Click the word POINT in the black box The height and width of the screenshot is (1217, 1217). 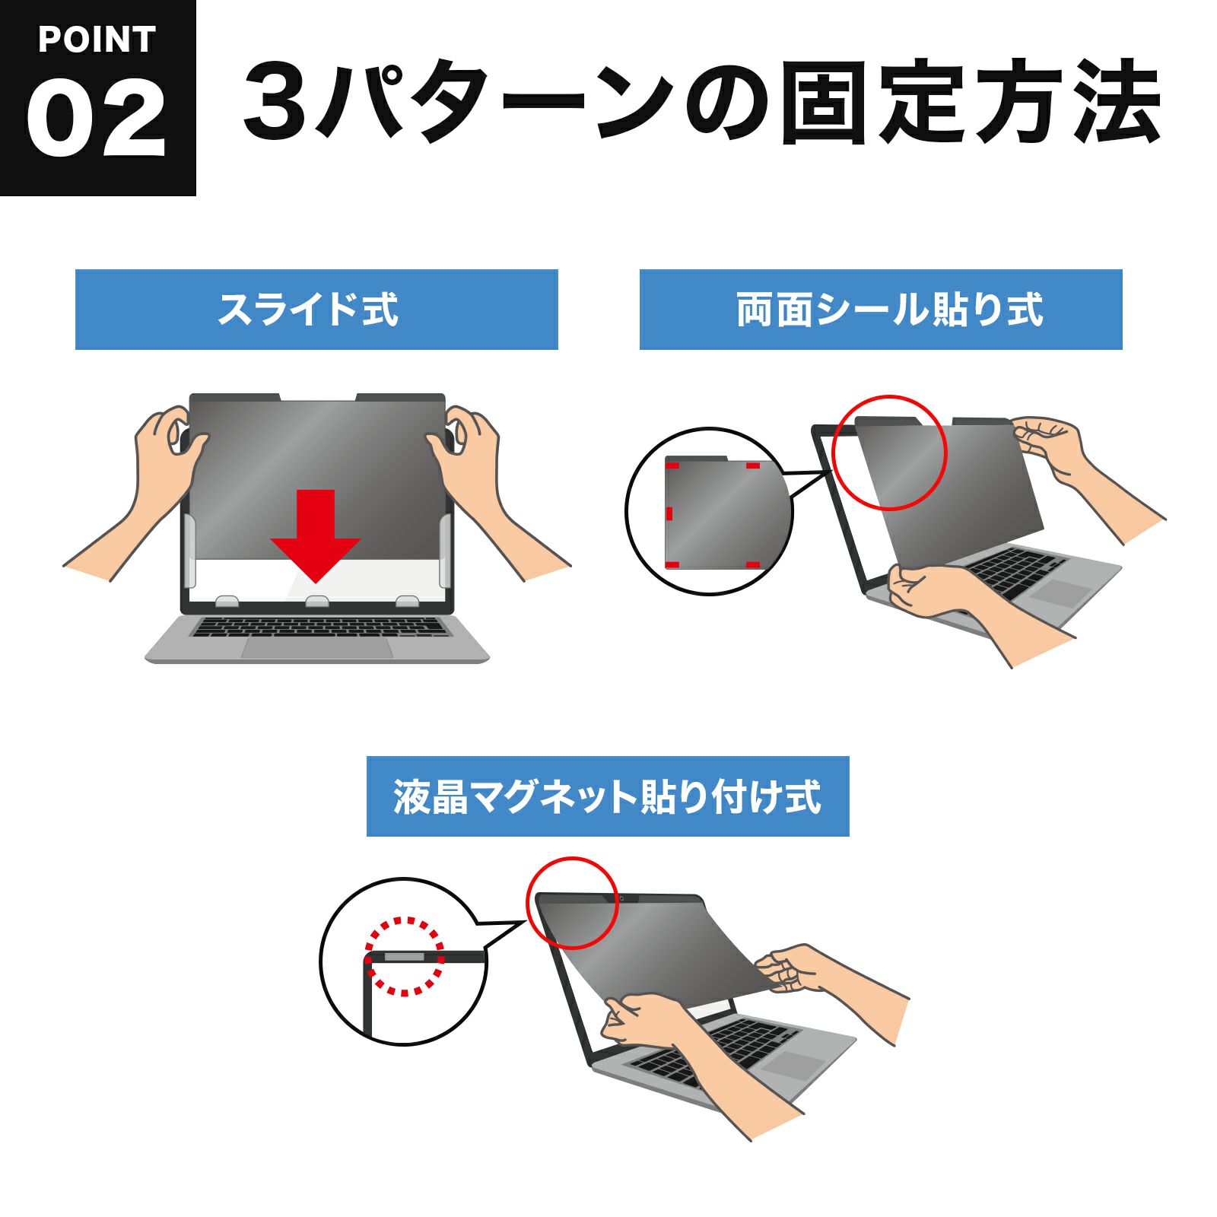(x=97, y=40)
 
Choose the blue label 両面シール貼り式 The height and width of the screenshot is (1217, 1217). (x=881, y=310)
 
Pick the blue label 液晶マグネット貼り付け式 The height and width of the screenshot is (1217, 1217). (x=608, y=796)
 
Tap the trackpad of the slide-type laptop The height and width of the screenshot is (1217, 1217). (x=317, y=647)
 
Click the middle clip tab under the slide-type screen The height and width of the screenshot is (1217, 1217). (x=317, y=601)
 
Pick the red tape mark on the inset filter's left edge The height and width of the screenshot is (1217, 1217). (x=669, y=513)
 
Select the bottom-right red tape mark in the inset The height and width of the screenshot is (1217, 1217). (x=752, y=564)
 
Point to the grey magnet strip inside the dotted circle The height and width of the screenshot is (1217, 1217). (x=405, y=956)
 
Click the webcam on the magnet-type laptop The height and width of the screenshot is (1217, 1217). (x=622, y=899)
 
